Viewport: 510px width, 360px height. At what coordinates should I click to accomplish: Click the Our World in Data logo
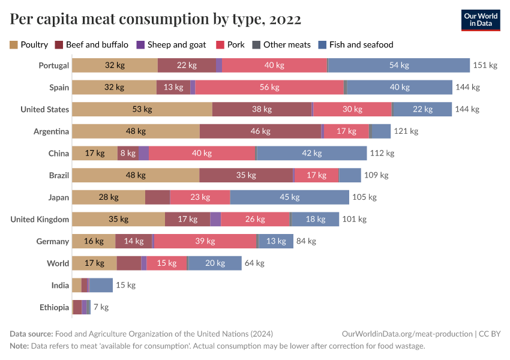(481, 20)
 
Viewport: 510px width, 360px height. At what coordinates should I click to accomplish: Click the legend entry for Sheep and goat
(172, 44)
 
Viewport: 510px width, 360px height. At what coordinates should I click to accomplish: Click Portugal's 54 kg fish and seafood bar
(399, 65)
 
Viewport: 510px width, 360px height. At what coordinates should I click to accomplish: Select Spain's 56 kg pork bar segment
(269, 87)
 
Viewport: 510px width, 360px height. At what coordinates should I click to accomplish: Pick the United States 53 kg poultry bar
(142, 109)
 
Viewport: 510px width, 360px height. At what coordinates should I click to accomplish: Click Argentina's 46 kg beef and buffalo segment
(260, 131)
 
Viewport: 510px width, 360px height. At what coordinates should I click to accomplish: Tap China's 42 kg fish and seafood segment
(312, 153)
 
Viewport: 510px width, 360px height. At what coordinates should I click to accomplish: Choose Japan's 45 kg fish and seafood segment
(289, 197)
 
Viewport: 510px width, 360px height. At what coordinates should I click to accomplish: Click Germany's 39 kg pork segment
(205, 241)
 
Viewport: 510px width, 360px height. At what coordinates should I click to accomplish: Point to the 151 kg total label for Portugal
(485, 65)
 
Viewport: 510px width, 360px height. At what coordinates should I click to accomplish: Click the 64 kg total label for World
(254, 263)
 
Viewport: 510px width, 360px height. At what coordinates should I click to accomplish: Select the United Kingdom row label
(40, 219)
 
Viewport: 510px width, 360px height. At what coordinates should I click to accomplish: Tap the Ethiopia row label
(54, 307)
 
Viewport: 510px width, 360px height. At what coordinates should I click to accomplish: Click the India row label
(60, 285)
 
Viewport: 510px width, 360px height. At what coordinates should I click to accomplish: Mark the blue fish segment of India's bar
(101, 285)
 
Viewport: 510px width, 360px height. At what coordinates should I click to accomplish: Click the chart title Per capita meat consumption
(155, 20)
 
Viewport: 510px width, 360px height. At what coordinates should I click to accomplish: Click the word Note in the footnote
(19, 346)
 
